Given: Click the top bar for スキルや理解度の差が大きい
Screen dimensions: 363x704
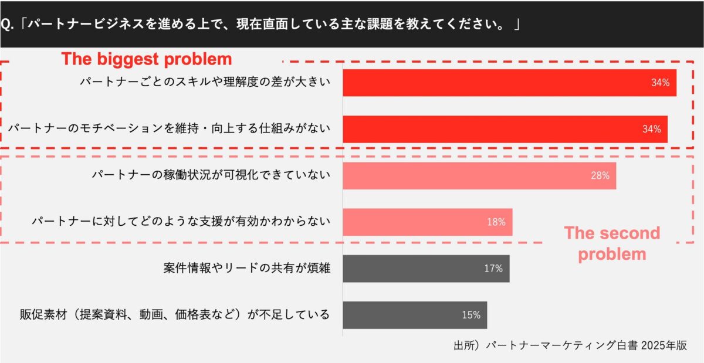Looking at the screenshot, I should coord(509,83).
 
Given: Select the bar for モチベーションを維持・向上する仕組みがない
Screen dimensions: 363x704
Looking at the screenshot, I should coord(505,129).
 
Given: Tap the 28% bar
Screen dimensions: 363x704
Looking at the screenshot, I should coord(479,175).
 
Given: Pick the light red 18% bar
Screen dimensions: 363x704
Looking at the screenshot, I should coord(427,222).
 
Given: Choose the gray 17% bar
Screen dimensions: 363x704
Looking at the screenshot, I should coord(426,268).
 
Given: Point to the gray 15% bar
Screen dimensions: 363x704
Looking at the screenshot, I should coord(415,315).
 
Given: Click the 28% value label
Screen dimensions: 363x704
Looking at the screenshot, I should coord(600,175).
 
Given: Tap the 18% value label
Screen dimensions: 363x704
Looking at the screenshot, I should coord(496,222).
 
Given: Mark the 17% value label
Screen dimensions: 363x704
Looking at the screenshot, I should coord(493,269).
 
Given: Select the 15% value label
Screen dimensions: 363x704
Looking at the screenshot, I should coord(471,315).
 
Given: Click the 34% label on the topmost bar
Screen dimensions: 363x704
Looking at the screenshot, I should coord(660,83).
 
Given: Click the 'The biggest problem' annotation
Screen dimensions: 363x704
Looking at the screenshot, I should coord(147,59).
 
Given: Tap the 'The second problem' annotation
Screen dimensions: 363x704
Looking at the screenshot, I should coord(612,243).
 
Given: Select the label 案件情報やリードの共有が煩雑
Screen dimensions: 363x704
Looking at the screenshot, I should coord(246,269).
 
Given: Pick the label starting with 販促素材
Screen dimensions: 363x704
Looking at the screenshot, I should coord(174,315).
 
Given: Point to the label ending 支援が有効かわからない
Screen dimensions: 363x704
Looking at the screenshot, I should coord(181,222).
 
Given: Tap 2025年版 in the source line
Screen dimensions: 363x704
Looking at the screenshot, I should coord(664,345).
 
